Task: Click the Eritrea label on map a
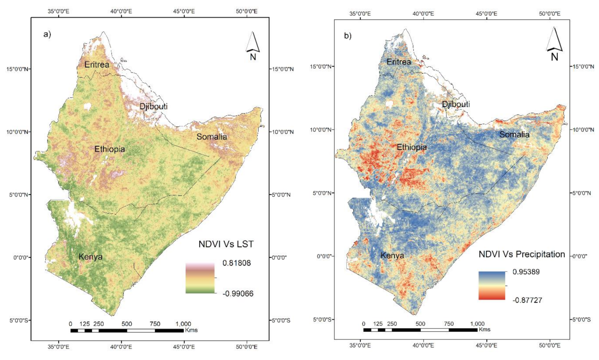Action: click(x=97, y=64)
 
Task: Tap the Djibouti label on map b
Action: click(x=456, y=104)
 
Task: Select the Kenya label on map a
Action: click(x=91, y=257)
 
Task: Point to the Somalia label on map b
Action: click(x=514, y=134)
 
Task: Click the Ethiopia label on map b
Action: click(x=411, y=147)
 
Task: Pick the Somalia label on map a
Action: click(x=211, y=137)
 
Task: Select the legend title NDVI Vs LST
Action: click(x=226, y=244)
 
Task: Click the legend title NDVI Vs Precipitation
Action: click(x=521, y=254)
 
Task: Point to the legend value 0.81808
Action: click(x=236, y=263)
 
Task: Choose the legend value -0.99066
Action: click(x=238, y=294)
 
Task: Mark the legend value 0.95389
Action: click(x=526, y=272)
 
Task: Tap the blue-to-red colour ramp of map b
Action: click(x=491, y=286)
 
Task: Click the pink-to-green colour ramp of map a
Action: click(x=200, y=278)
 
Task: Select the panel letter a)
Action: click(x=47, y=34)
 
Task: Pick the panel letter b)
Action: click(x=348, y=36)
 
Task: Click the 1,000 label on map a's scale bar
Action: click(x=183, y=324)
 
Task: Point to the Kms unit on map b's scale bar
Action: click(x=484, y=330)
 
